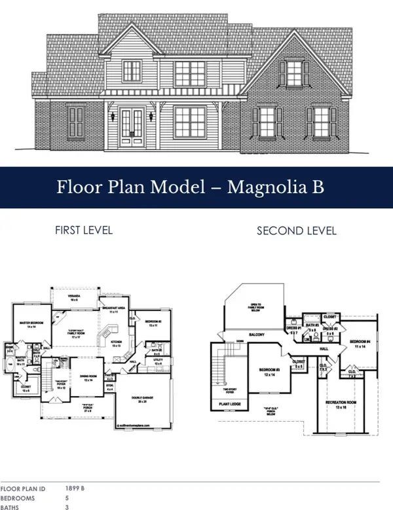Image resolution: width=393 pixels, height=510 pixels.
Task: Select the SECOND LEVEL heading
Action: coord(297,230)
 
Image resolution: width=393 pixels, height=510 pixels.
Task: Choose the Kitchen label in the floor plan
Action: coord(117,343)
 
